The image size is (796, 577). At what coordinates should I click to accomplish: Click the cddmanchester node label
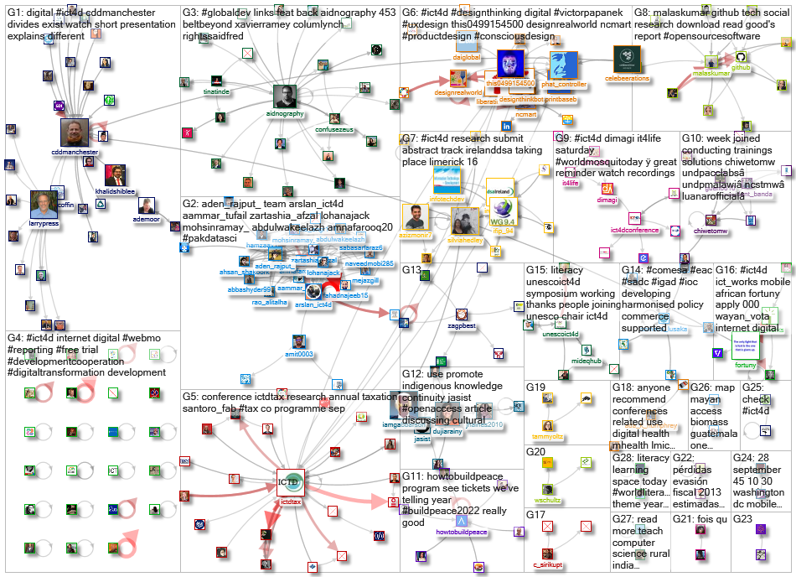pos(75,153)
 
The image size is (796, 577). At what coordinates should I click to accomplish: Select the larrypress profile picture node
pos(44,205)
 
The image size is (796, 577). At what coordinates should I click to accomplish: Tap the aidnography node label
pos(283,112)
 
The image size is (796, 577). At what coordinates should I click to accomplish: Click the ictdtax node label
pos(290,502)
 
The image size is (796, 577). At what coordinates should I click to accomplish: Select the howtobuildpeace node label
pos(460,533)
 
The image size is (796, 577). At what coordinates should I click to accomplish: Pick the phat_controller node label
pos(563,85)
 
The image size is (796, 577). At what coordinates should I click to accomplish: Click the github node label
pos(742,67)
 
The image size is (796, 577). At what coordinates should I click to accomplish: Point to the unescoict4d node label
pos(561,334)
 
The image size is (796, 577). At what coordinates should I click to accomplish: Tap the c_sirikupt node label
pos(547,565)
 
